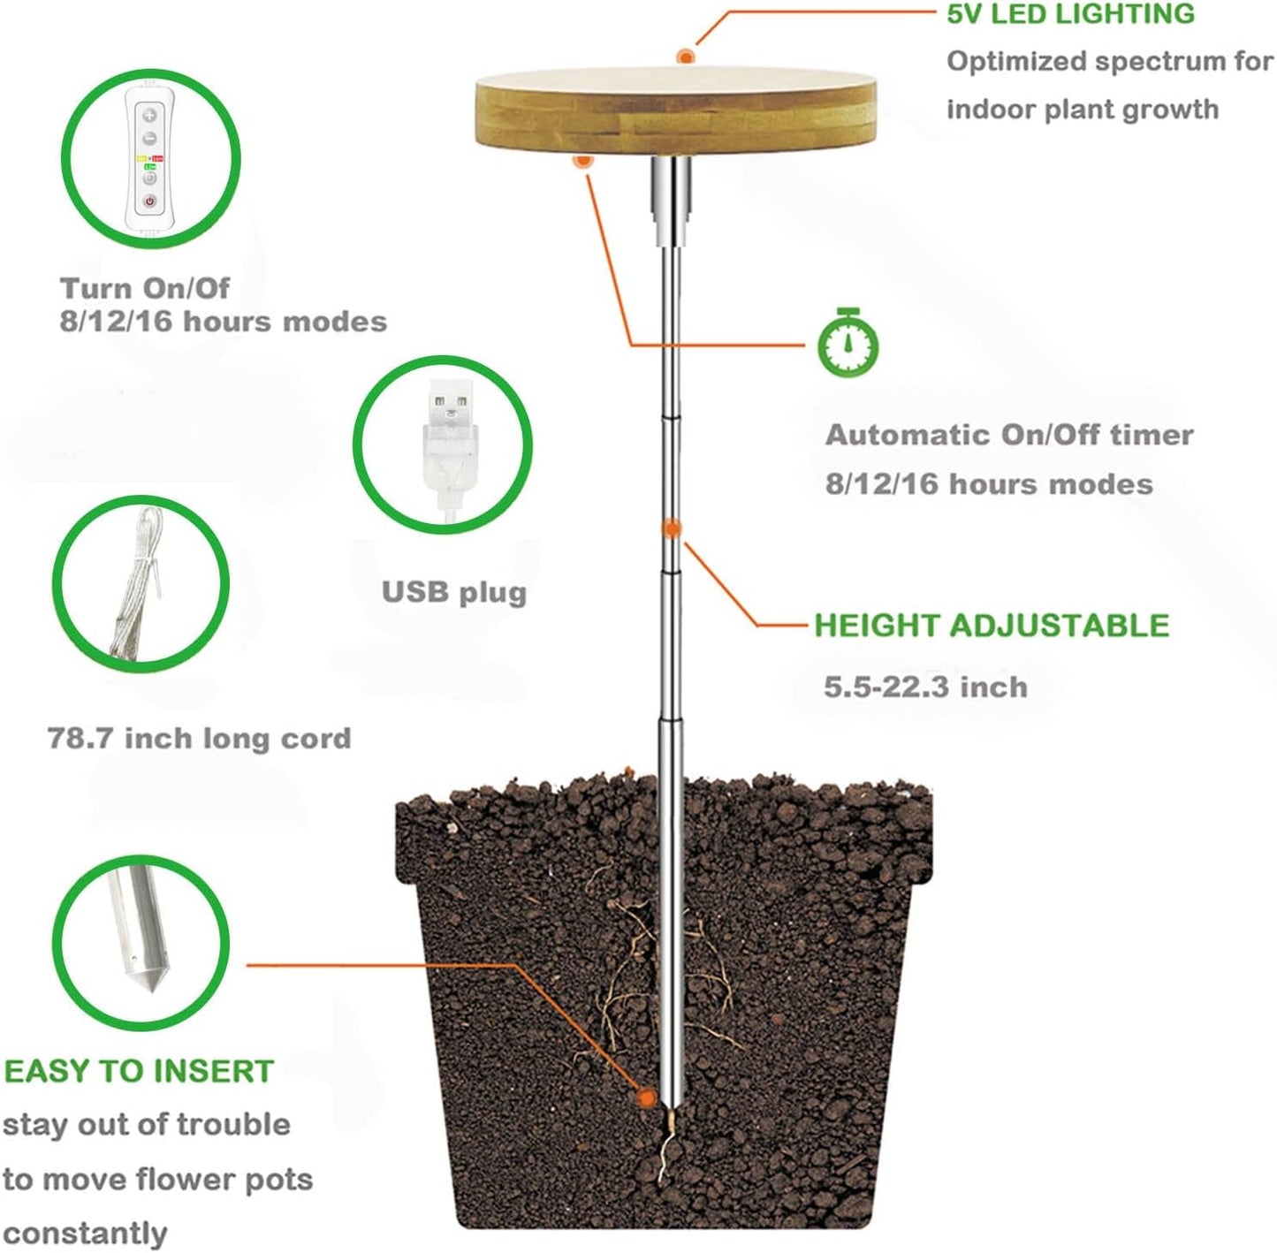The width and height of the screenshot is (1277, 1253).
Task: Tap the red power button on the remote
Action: click(150, 201)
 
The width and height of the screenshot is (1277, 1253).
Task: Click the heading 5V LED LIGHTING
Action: click(1070, 13)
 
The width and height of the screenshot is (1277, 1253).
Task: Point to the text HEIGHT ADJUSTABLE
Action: click(991, 626)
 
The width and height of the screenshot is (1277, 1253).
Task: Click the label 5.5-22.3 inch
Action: click(925, 687)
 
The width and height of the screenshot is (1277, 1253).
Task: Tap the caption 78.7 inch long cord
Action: click(199, 738)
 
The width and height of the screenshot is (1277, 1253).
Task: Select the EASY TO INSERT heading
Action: click(139, 1071)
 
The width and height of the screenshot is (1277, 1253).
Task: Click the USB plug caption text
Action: click(453, 592)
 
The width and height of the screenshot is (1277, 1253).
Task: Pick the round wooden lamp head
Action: click(677, 115)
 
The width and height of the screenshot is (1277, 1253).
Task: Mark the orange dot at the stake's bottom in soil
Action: click(647, 1097)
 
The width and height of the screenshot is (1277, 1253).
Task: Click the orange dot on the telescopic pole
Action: click(672, 528)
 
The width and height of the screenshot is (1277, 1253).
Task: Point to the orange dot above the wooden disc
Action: click(686, 57)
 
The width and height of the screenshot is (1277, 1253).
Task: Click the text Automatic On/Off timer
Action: click(1009, 435)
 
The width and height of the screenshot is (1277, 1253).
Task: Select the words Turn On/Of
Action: click(144, 289)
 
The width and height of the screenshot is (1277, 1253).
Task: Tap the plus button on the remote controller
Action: click(149, 115)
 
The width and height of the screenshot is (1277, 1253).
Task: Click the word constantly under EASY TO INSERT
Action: click(85, 1233)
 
